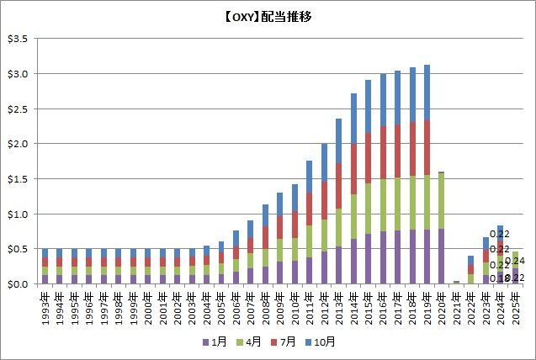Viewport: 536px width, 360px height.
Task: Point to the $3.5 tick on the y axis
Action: click(18, 39)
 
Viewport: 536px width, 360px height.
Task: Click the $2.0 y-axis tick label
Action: click(18, 144)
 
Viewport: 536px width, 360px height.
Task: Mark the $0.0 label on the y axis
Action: click(18, 284)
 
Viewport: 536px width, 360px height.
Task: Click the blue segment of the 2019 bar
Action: click(427, 93)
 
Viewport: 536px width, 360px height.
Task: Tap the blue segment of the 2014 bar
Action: click(353, 119)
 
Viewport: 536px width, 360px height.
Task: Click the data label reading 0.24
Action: click(519, 261)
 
